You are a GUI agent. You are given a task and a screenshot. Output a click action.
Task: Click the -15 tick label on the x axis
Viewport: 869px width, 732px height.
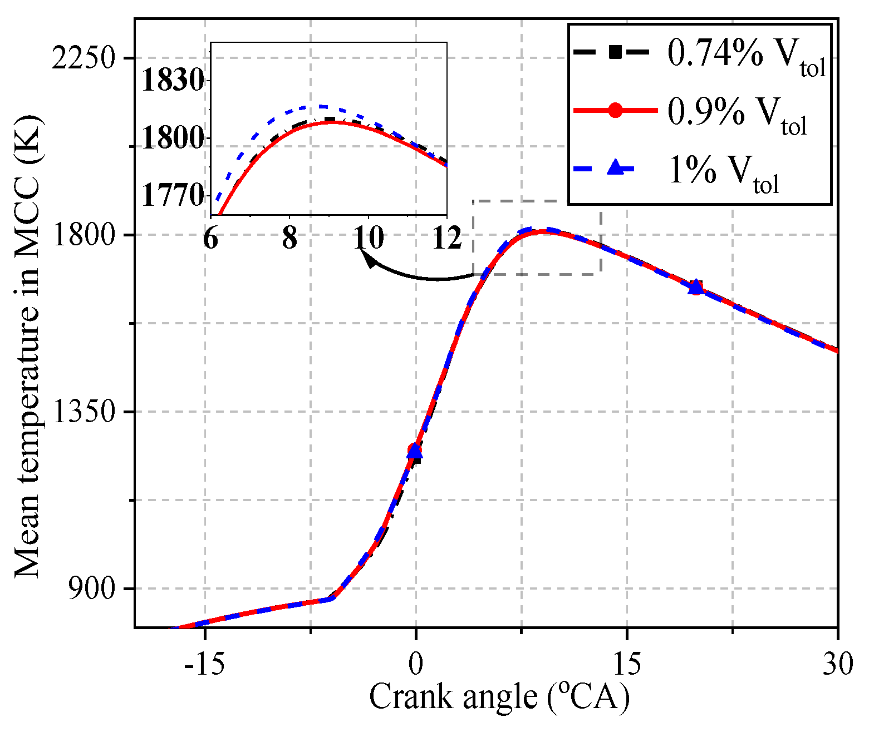click(x=205, y=664)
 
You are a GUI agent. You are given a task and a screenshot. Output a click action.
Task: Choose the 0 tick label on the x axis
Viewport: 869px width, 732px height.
click(x=416, y=664)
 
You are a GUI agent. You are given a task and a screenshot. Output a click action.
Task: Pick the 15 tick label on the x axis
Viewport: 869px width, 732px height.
click(x=627, y=664)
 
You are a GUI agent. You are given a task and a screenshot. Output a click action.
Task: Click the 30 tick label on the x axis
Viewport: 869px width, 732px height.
click(x=837, y=664)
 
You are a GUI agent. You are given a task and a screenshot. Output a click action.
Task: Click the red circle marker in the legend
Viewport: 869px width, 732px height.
click(x=615, y=110)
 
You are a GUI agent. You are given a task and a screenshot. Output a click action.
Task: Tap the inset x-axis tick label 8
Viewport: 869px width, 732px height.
click(x=289, y=239)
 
